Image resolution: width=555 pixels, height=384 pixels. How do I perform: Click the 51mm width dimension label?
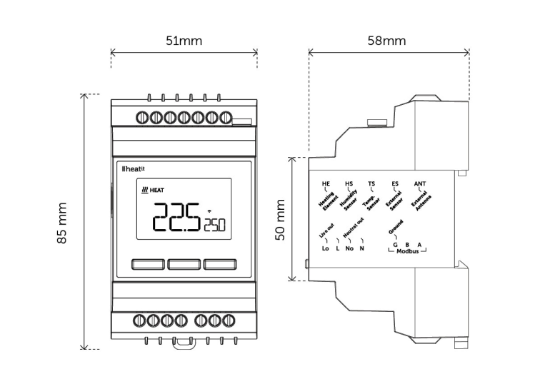click(184, 41)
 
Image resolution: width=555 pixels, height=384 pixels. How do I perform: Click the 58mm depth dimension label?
click(386, 41)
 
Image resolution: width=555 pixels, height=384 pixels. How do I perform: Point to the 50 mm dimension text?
click(281, 220)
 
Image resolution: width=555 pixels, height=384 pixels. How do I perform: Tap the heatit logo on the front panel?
click(134, 169)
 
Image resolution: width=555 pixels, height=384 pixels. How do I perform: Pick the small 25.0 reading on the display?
click(214, 226)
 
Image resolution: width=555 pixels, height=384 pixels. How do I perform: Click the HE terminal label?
click(326, 183)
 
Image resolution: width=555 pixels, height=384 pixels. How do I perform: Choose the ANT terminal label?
click(419, 183)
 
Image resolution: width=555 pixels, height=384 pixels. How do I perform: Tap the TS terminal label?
click(371, 183)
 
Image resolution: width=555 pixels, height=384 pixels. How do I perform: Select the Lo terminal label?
click(326, 248)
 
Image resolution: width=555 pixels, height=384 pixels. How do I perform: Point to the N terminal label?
click(362, 248)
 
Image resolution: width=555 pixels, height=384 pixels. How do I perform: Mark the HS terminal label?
click(349, 183)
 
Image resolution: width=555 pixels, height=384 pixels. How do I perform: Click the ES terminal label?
click(395, 183)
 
